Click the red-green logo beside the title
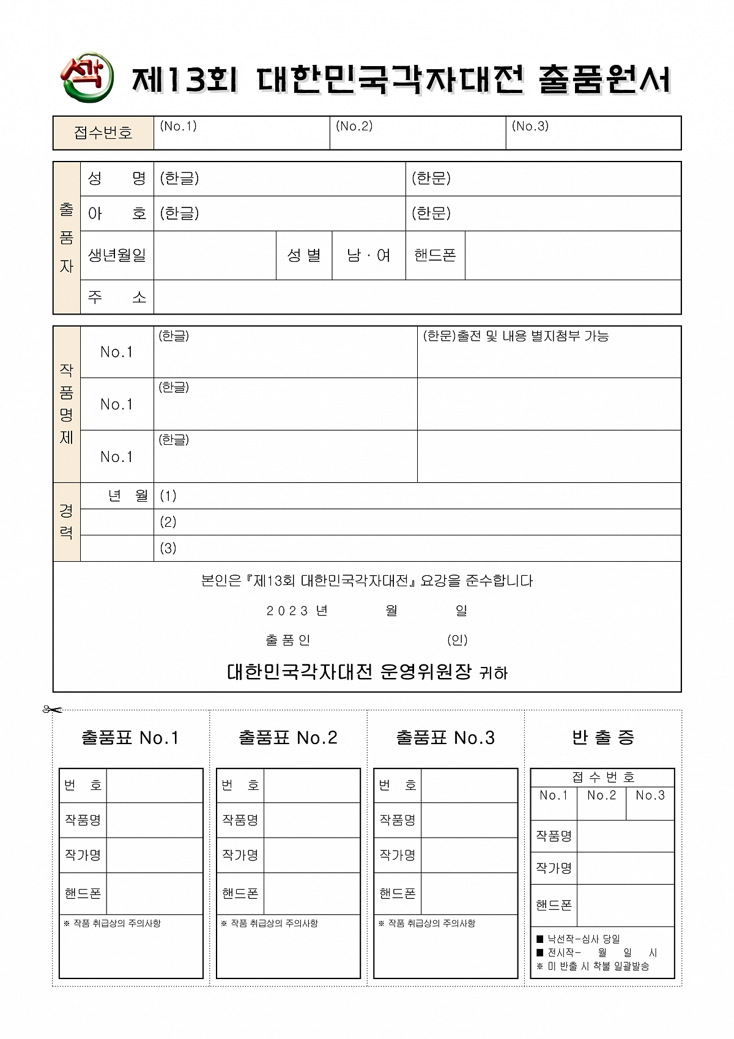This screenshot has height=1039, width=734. (x=87, y=77)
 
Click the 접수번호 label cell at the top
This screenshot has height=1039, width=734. (x=103, y=133)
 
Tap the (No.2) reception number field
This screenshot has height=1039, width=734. (x=417, y=133)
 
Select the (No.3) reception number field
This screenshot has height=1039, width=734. (x=593, y=133)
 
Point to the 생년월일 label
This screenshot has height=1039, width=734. (x=117, y=255)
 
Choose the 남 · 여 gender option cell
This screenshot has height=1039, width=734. (x=368, y=255)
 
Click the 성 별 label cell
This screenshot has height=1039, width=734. (x=304, y=255)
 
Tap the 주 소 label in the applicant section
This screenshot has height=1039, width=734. (x=117, y=297)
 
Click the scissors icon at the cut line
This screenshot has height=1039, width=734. (x=53, y=710)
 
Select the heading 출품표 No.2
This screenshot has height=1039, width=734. (x=287, y=738)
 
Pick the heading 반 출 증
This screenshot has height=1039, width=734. (x=602, y=738)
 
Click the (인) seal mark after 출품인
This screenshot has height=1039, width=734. (x=457, y=640)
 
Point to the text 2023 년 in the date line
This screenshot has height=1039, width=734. (x=297, y=611)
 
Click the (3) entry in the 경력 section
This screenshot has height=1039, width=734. (x=168, y=548)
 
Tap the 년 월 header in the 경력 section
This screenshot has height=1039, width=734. (x=128, y=496)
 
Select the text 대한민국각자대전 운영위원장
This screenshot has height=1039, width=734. (x=349, y=672)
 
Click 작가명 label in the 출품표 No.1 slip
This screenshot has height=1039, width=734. (x=83, y=855)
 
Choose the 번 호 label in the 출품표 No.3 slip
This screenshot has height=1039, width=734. (x=397, y=786)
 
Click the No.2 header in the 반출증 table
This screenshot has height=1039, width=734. (x=601, y=795)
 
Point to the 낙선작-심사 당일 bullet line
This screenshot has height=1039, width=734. (x=579, y=939)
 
